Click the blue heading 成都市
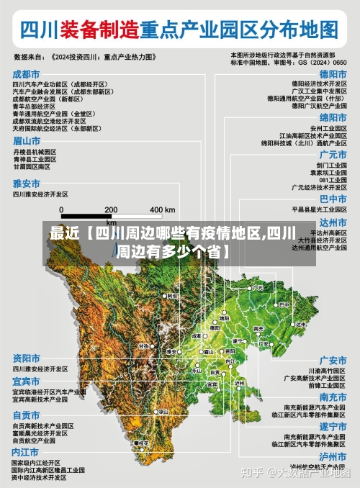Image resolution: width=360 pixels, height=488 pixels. (26, 73)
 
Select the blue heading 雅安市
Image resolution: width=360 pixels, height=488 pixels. (26, 184)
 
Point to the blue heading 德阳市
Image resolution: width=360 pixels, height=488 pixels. (333, 73)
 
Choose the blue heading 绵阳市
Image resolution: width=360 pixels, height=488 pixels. (333, 117)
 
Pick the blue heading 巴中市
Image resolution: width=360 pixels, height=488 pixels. (333, 198)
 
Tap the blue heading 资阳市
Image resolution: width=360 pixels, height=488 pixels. (26, 358)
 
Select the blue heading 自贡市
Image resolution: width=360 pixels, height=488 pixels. (26, 415)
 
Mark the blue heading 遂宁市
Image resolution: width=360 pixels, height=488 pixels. (333, 426)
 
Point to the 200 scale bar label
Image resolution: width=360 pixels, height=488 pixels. (111, 209)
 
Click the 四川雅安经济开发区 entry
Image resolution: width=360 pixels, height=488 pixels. (40, 194)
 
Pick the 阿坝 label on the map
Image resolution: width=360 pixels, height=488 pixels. (171, 296)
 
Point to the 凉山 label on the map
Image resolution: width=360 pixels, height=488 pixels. (163, 411)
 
